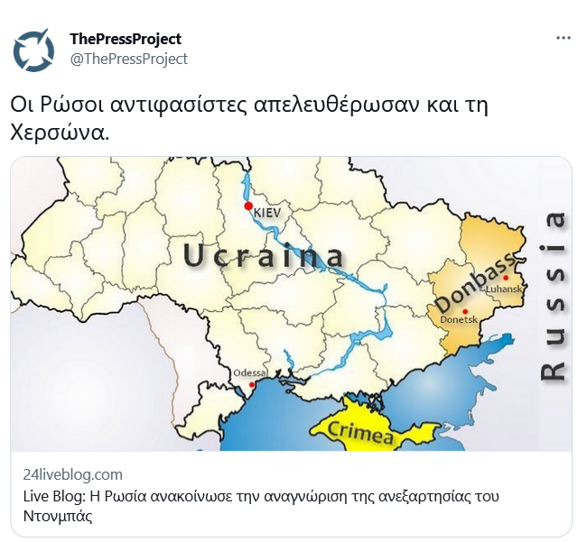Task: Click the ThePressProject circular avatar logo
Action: point(33,51)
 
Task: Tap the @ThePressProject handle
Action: point(128,59)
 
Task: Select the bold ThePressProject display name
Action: point(126,39)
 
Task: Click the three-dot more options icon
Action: point(562,39)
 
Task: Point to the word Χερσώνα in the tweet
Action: point(60,132)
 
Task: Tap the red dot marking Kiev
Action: point(248,207)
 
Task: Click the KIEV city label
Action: point(268,211)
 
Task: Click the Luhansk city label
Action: point(504,289)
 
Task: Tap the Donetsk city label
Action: point(458,320)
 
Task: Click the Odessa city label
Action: point(250,372)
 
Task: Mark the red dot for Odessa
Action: point(250,382)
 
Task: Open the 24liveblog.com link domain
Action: point(72,474)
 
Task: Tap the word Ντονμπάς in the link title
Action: point(58,517)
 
